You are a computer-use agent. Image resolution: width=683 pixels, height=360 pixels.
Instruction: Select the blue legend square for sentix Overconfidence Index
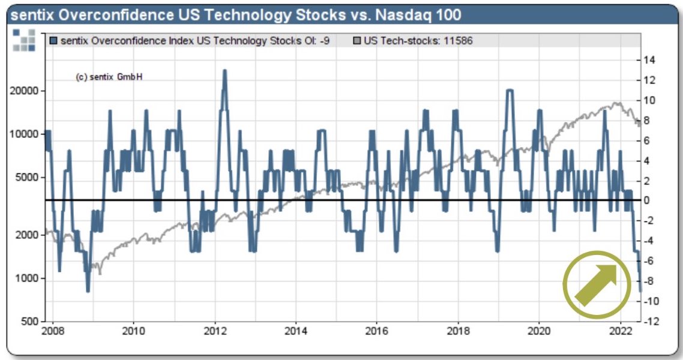point(54,41)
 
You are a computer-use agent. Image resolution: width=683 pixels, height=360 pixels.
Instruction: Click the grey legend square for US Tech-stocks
point(357,41)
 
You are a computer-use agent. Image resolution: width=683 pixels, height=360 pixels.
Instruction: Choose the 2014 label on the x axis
point(295,331)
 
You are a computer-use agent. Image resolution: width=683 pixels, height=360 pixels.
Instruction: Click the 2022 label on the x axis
point(619,331)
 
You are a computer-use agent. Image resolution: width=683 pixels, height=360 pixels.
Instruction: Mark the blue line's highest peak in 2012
point(224,71)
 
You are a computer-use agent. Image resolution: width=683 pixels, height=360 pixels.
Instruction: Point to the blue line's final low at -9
point(640,290)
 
